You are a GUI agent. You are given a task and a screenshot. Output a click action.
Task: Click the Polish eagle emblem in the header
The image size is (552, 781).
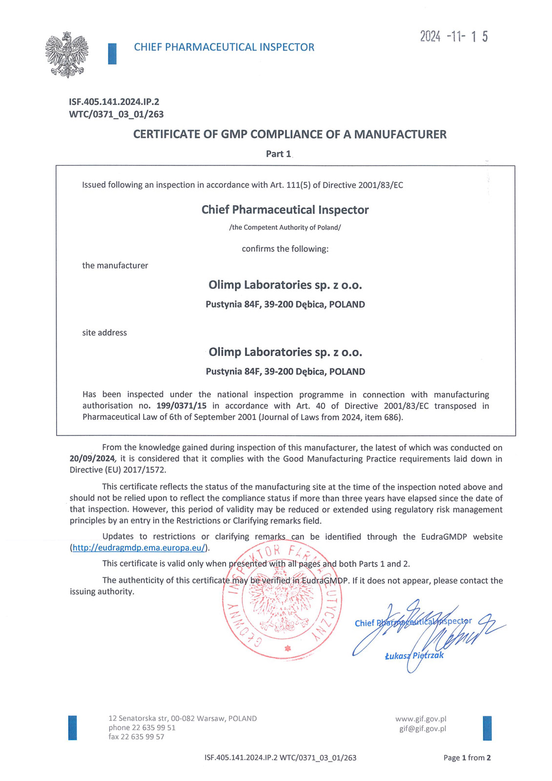point(67,55)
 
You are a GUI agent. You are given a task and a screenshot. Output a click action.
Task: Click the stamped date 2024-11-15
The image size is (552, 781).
point(453,37)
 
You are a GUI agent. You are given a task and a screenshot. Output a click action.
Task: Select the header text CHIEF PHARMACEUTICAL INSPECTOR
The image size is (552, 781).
point(224,47)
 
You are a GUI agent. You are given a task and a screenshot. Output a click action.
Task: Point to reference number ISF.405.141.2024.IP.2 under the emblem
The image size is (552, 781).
point(114,102)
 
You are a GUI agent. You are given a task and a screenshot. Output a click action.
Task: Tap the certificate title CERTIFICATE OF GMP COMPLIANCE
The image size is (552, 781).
point(289,134)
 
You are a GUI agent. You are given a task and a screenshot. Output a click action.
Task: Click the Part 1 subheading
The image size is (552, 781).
point(278,154)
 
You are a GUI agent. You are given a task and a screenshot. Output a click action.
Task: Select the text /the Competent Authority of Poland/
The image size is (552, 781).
point(285,227)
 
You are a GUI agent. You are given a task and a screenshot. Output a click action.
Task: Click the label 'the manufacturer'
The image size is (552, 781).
point(115,266)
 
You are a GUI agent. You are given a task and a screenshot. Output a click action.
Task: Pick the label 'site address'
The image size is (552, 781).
point(104,333)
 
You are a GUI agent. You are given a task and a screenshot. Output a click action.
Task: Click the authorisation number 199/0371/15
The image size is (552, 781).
point(182,406)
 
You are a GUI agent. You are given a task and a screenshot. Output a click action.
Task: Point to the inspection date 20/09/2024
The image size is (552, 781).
point(92,459)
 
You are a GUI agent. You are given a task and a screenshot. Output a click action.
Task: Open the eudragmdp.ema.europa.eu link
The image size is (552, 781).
point(139,548)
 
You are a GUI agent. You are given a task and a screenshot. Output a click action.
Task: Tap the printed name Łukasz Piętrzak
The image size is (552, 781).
point(414,656)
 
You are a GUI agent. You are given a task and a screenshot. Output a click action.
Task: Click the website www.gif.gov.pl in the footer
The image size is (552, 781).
point(421,719)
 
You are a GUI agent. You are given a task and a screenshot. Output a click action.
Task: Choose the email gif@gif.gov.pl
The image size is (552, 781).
point(423,729)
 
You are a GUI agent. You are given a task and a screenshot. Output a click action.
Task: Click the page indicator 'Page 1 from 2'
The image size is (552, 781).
point(467,758)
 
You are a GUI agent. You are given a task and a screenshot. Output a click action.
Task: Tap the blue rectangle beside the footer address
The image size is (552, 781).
point(73,727)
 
